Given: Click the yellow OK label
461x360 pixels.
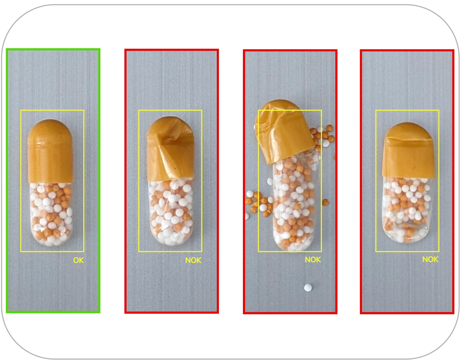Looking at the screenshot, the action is (x=78, y=260).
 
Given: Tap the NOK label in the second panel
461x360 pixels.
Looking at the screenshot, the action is (x=193, y=260).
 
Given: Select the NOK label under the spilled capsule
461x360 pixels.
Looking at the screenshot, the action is (x=313, y=260).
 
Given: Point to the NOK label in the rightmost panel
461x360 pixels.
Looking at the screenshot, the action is (x=430, y=259).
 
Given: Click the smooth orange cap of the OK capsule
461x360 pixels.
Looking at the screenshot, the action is (x=50, y=151).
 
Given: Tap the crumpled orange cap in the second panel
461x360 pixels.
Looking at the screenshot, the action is (x=171, y=148).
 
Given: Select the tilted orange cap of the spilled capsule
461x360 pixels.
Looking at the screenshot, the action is (x=284, y=131).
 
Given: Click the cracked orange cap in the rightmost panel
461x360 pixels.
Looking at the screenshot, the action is (x=408, y=150).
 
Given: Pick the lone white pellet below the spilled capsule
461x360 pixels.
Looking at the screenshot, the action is (x=308, y=288).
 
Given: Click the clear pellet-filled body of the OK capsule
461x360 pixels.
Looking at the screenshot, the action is (x=51, y=214).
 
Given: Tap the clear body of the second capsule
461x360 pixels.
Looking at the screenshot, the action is (x=171, y=212).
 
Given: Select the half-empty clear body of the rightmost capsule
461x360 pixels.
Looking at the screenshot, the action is (x=407, y=210).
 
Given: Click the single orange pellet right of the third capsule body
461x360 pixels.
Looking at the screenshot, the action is (x=326, y=202).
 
